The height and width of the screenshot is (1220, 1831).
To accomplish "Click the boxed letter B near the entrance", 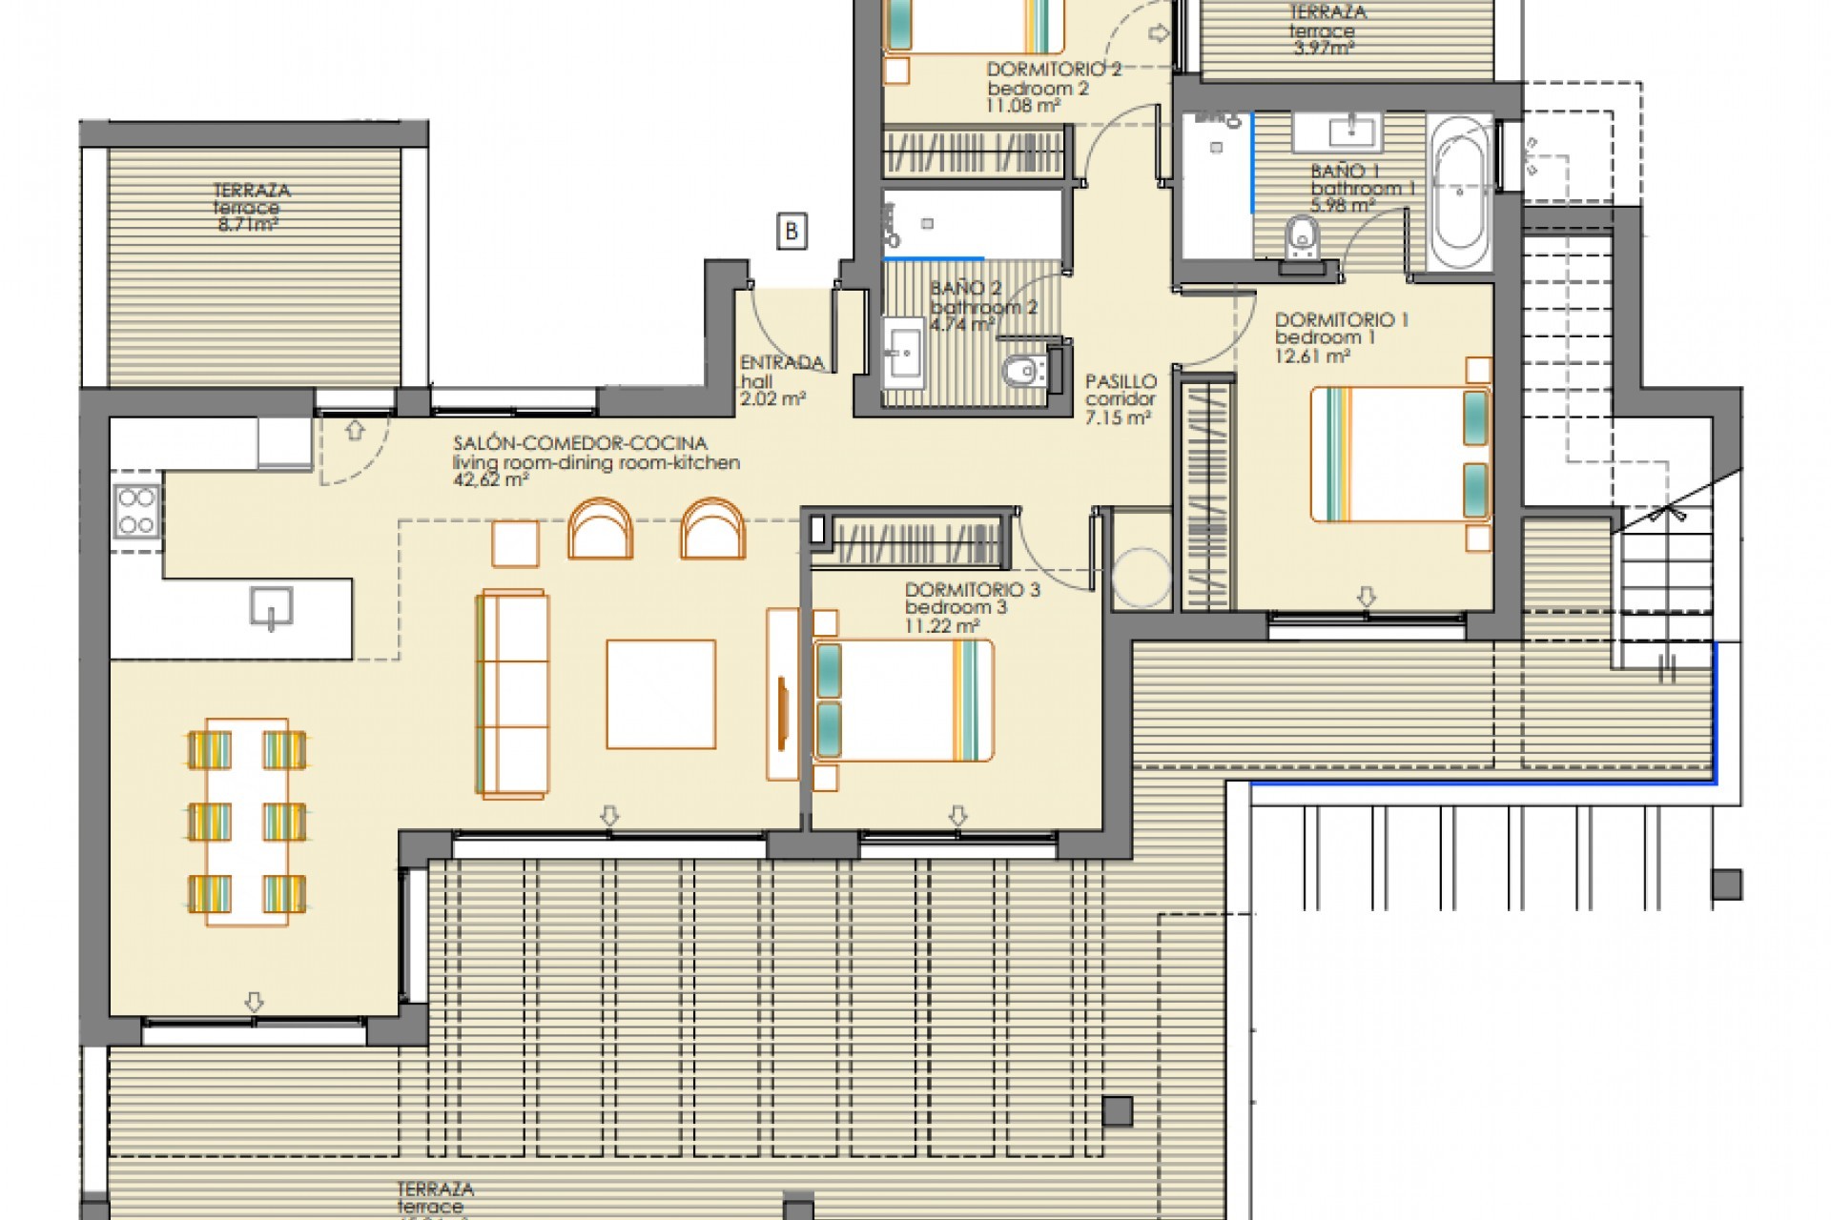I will point(792,232).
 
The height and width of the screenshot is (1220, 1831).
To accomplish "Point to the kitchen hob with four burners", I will point(135,512).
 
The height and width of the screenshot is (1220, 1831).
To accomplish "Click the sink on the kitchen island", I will point(271,608).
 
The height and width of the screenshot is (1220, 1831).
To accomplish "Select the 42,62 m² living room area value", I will point(491,480).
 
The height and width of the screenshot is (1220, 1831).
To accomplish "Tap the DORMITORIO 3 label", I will point(972,590).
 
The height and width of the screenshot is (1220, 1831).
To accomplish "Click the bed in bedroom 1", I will point(1399,454).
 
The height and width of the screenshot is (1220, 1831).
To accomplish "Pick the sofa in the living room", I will point(513,693).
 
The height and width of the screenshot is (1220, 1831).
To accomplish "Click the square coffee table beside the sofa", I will point(661,694).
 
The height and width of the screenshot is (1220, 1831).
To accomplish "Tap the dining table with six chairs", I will point(247,822).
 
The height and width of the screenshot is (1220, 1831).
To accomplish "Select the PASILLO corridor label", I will point(1121,381).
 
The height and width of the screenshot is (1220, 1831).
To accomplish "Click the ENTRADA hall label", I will point(781,363).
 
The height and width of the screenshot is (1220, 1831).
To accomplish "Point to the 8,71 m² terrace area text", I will point(247,226).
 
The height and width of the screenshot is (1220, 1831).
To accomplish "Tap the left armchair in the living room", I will point(600,529).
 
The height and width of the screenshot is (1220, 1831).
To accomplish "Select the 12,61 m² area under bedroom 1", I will point(1312,356).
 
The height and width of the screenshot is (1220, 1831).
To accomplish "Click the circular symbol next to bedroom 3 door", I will point(1141,577).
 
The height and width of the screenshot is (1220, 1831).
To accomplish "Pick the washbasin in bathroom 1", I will point(1337,132).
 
